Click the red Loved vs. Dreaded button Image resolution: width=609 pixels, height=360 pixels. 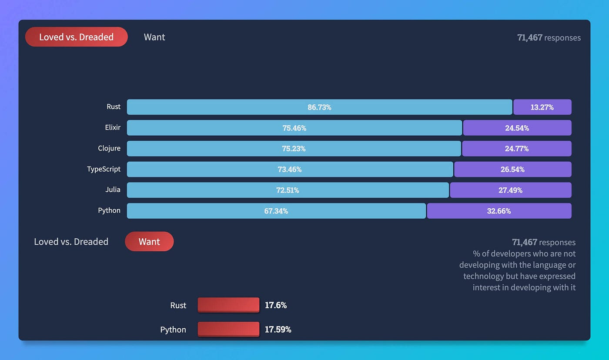pyautogui.click(x=77, y=37)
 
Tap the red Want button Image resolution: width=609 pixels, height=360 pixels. pyautogui.click(x=149, y=242)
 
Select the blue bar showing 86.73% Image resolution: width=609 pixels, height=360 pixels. pyautogui.click(x=319, y=107)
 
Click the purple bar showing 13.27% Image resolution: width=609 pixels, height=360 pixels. pyautogui.click(x=542, y=107)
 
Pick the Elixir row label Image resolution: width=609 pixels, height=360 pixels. pyautogui.click(x=112, y=128)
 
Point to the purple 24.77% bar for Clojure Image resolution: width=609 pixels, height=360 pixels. pyautogui.click(x=516, y=149)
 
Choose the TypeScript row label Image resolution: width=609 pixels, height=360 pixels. pyautogui.click(x=104, y=169)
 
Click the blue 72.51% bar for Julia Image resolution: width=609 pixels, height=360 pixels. pyautogui.click(x=288, y=190)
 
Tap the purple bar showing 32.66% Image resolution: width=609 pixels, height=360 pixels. pyautogui.click(x=499, y=211)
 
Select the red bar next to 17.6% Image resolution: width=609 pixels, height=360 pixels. pyautogui.click(x=228, y=305)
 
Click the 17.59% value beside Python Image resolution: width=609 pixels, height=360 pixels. pyautogui.click(x=278, y=330)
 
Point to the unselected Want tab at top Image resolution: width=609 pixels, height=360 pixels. pyautogui.click(x=154, y=37)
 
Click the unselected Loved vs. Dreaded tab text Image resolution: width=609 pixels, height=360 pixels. pyautogui.click(x=71, y=242)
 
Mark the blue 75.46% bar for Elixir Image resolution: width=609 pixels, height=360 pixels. pyautogui.click(x=294, y=128)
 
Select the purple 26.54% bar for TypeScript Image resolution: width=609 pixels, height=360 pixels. pyautogui.click(x=512, y=169)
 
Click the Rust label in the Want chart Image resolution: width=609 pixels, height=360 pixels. pyautogui.click(x=178, y=305)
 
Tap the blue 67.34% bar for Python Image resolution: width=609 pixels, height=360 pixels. pyautogui.click(x=276, y=211)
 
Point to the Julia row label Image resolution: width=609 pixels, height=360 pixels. pyautogui.click(x=112, y=190)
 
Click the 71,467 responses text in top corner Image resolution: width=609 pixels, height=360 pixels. pyautogui.click(x=549, y=38)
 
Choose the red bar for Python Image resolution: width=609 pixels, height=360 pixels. pyautogui.click(x=228, y=329)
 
